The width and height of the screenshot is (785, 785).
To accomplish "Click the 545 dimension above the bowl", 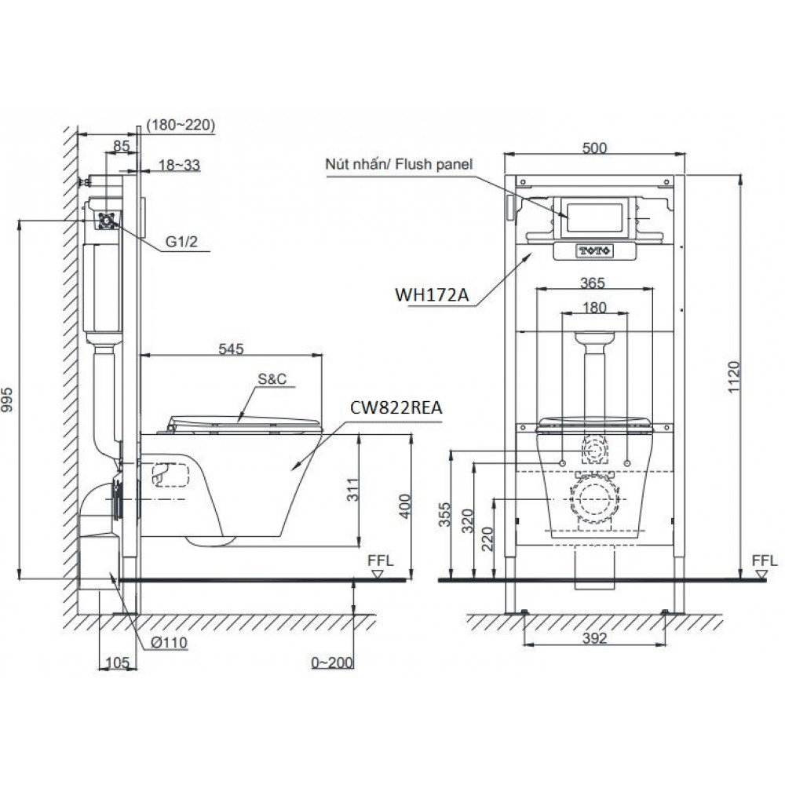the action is point(231,349).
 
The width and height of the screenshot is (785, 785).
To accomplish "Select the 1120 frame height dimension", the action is point(733,377).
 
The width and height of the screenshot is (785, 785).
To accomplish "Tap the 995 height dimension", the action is point(7,399).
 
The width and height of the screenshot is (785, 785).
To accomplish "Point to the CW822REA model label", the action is point(396,407).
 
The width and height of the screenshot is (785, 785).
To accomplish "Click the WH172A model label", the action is point(432,295).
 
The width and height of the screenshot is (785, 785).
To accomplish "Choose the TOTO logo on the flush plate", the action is point(594,250).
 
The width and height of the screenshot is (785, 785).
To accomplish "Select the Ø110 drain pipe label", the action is point(169,642).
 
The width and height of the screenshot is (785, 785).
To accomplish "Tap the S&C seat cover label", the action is point(272,379).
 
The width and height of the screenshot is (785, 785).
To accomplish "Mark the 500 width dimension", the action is point(595,148).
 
